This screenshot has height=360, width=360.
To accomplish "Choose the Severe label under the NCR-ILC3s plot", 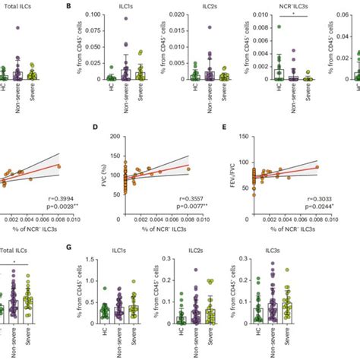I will [308, 94].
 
